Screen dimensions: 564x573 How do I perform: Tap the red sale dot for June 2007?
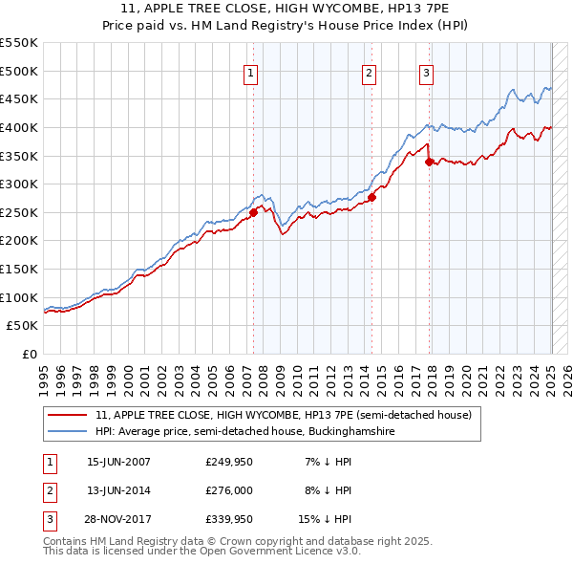(x=254, y=212)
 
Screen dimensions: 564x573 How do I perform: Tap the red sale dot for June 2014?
(x=371, y=197)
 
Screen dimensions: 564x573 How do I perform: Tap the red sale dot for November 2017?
(x=430, y=162)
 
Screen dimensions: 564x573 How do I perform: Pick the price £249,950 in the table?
(x=230, y=461)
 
